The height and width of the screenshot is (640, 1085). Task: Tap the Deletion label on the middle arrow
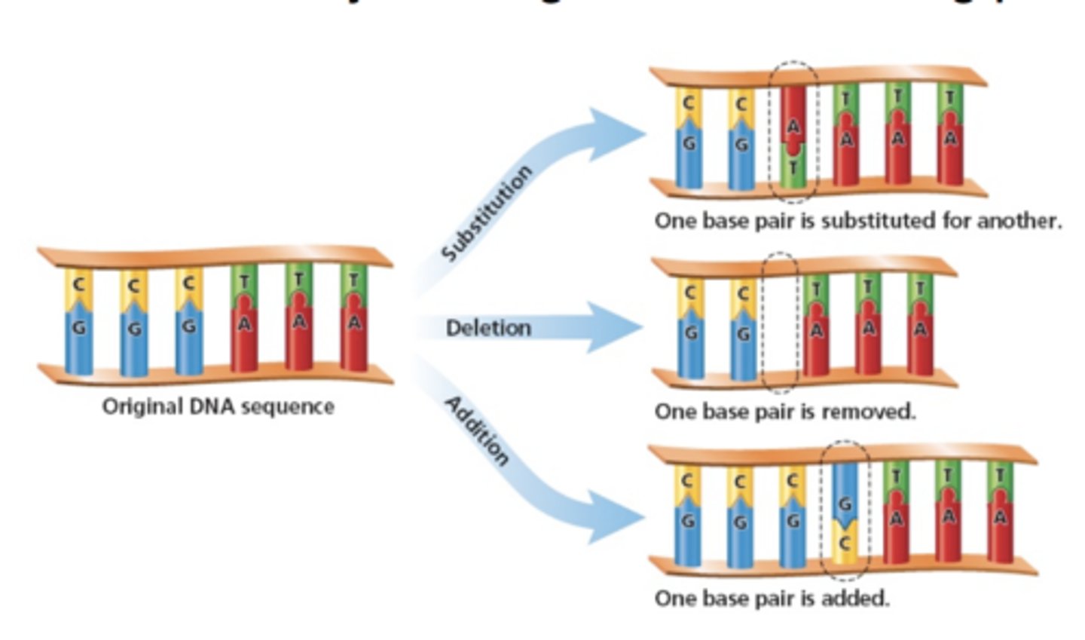pos(488,328)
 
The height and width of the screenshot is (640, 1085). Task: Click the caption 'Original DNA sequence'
pos(218,406)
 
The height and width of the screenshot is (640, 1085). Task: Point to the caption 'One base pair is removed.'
pos(785,412)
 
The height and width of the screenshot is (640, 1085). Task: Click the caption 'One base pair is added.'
pos(772,599)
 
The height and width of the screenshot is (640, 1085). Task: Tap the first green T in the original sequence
pos(244,283)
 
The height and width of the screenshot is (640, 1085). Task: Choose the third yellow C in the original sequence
pos(188,286)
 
